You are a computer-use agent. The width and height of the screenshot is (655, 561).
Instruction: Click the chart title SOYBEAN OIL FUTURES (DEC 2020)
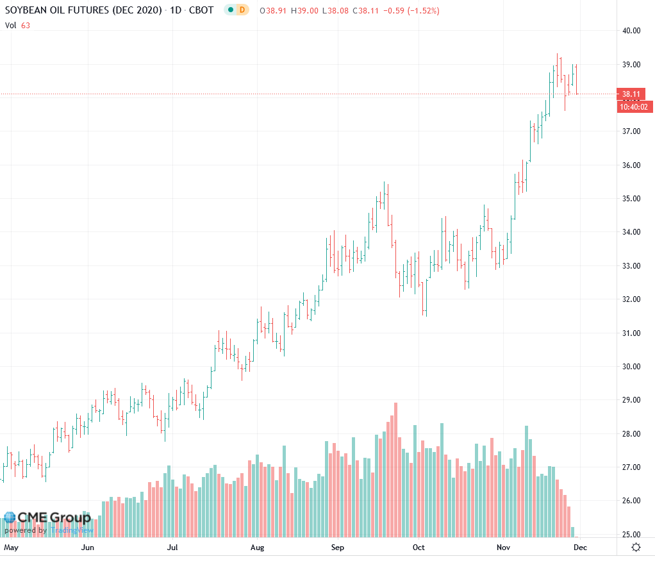point(83,10)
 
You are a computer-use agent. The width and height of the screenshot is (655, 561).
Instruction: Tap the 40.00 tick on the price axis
point(632,31)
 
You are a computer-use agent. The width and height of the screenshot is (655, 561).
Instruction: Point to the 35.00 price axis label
point(632,199)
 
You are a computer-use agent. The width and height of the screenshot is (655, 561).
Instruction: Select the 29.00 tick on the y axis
point(632,400)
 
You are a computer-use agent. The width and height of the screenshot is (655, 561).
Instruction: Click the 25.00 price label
point(632,535)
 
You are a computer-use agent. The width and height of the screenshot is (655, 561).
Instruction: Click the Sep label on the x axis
point(338,548)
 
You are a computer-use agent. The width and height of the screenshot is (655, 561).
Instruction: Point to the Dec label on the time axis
point(579,548)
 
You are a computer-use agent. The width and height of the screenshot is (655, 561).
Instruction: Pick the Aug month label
point(257,548)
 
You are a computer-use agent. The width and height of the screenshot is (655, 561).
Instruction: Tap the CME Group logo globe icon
point(10,517)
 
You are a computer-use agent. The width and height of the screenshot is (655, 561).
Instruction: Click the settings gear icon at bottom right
point(636,547)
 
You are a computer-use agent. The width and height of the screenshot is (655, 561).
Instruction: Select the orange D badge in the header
point(242,10)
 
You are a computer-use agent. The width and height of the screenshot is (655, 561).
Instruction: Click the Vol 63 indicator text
point(17,26)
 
